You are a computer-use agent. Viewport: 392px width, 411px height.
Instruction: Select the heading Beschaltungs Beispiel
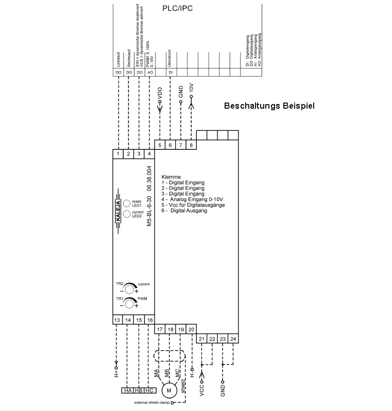[x=269, y=106]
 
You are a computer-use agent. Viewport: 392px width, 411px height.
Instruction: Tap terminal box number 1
[x=118, y=153]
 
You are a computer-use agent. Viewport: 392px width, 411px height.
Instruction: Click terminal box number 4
[x=149, y=153]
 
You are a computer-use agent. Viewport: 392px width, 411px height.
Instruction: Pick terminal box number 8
[x=191, y=145]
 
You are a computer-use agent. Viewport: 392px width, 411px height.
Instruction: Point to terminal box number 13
[x=118, y=320]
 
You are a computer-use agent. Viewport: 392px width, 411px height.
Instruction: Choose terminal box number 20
[x=191, y=329]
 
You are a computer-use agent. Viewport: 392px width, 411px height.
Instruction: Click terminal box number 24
[x=233, y=338]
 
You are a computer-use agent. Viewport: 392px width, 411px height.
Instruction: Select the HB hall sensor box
[x=139, y=391]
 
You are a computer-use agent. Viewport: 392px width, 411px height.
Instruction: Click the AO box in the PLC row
[x=149, y=73]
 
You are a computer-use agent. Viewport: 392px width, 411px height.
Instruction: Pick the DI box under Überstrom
[x=171, y=73]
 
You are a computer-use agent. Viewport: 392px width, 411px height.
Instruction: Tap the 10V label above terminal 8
[x=192, y=88]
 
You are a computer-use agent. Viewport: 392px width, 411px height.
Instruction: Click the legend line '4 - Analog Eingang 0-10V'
[x=193, y=199]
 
